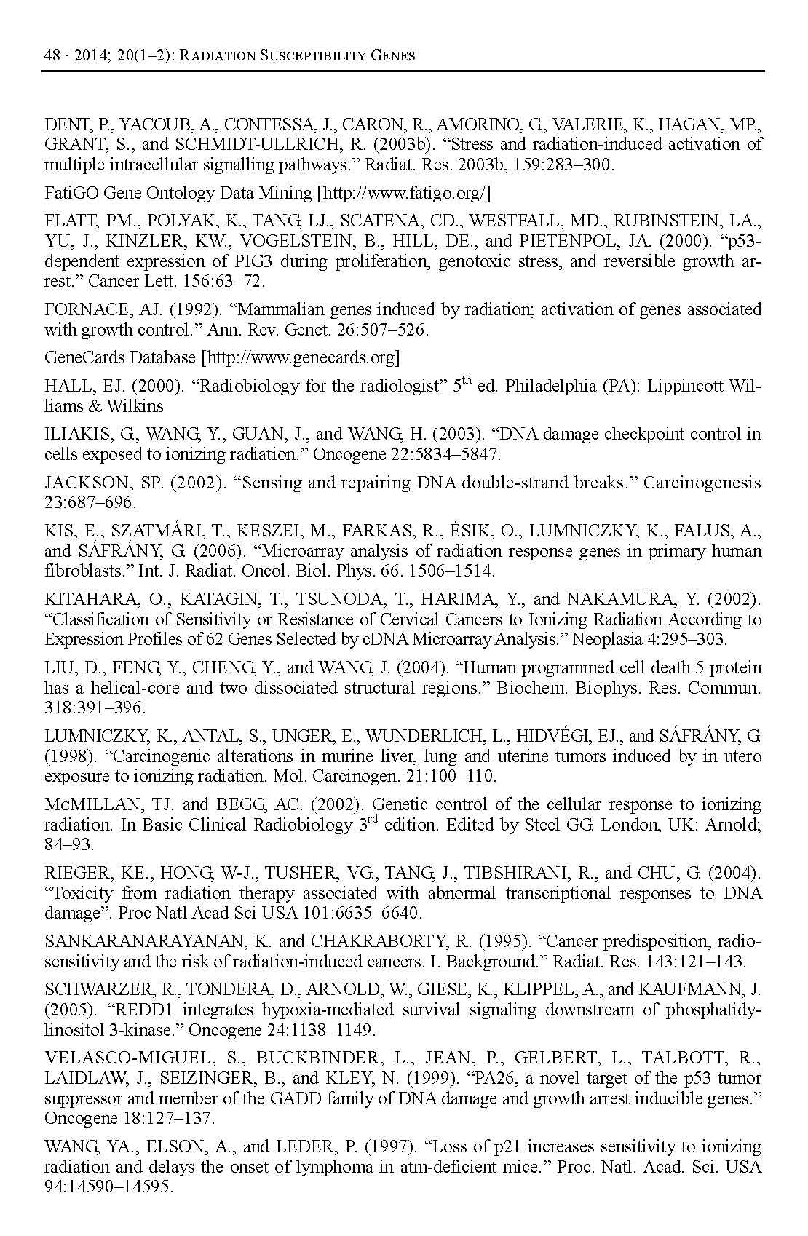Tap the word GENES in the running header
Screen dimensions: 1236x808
[390, 55]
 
